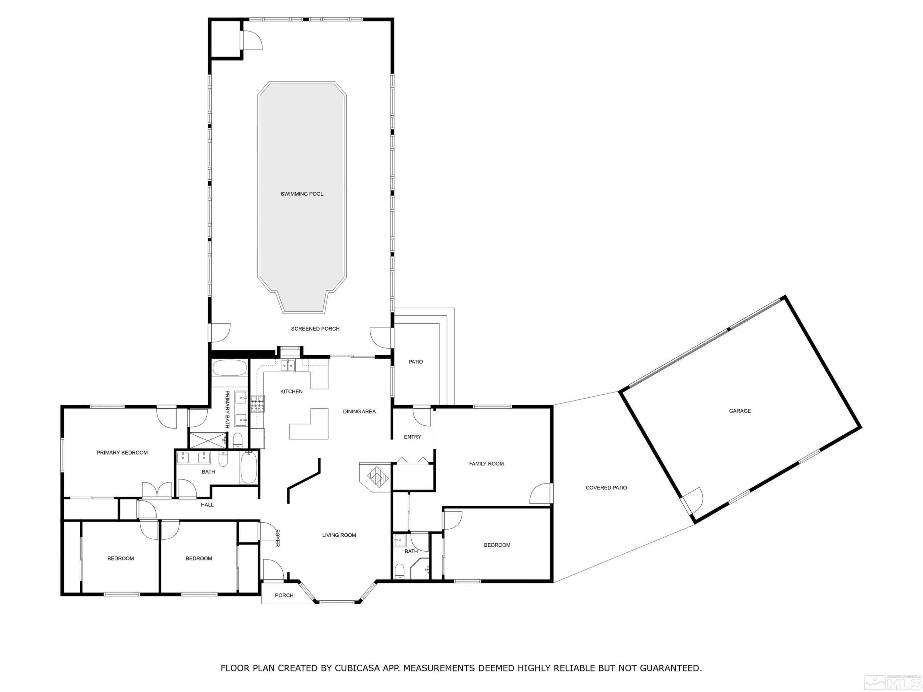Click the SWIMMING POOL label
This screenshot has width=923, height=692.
click(x=302, y=194)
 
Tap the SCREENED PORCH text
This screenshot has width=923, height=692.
click(x=315, y=329)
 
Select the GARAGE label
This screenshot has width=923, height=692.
click(x=740, y=411)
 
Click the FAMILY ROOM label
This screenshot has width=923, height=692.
click(x=486, y=463)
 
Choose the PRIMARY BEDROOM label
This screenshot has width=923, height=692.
click(x=122, y=453)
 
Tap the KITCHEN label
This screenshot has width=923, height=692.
click(x=291, y=391)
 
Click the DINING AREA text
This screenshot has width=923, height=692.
click(x=359, y=412)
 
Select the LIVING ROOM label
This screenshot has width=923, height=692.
click(x=339, y=535)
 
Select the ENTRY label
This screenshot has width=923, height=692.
click(x=412, y=437)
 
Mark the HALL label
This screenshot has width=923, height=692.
click(x=207, y=505)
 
